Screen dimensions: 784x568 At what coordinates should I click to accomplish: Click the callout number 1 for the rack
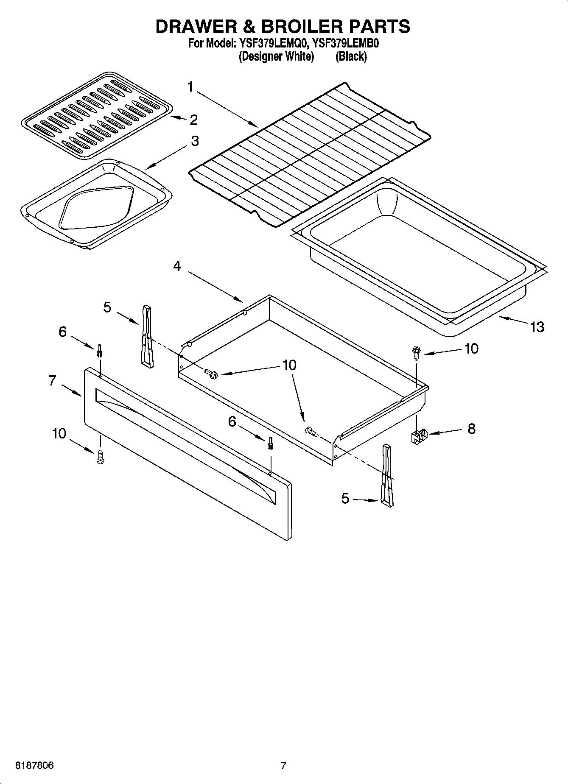coord(190,87)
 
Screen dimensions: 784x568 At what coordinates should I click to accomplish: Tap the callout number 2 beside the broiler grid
coord(193,120)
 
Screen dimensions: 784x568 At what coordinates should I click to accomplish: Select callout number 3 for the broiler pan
coord(195,141)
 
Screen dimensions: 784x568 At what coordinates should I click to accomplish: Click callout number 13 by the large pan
coord(537,326)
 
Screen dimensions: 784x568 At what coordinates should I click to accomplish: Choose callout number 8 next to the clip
coord(471,429)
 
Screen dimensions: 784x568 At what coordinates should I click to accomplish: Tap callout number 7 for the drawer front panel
coord(52,380)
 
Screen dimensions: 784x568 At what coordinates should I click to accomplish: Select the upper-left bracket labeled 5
coord(146,335)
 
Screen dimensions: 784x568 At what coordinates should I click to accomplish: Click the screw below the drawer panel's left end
coord(101,457)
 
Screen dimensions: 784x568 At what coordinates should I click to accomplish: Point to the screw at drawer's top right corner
coord(415,352)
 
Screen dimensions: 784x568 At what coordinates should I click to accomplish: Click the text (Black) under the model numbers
coord(351,56)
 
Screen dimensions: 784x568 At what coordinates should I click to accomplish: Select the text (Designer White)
coord(276,56)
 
